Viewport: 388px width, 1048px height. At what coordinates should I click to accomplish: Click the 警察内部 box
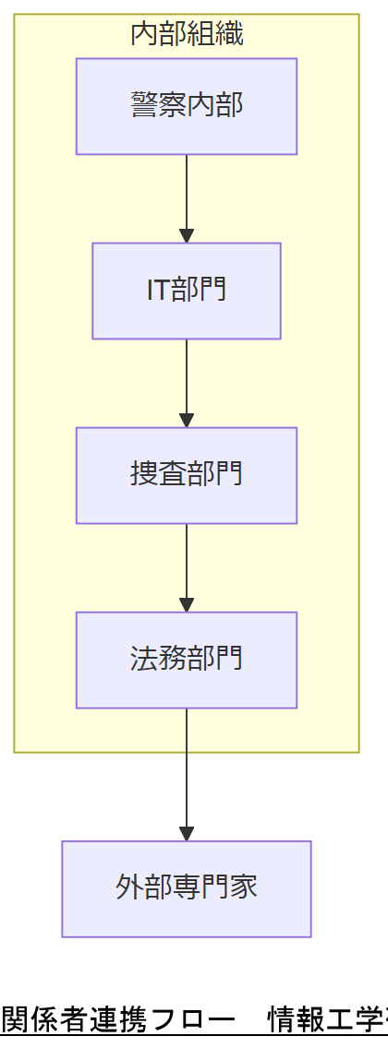pos(186,106)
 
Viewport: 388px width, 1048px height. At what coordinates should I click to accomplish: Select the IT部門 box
pos(186,291)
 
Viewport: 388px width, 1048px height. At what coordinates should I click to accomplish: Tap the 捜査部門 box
pos(186,475)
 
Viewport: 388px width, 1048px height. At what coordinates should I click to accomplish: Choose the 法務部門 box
pos(186,660)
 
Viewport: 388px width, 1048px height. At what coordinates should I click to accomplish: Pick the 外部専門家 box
pos(186,888)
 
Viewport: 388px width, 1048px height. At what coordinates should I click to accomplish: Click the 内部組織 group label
pos(187,35)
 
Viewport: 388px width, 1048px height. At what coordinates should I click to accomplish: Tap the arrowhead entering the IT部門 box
pos(187,236)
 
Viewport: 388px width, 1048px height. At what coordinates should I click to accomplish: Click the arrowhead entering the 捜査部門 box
pos(187,421)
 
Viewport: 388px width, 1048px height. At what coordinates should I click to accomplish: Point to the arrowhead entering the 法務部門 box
pos(187,605)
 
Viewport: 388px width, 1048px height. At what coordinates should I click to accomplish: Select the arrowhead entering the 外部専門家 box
pos(187,834)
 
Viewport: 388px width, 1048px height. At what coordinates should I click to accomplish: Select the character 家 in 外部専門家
pos(244,887)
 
